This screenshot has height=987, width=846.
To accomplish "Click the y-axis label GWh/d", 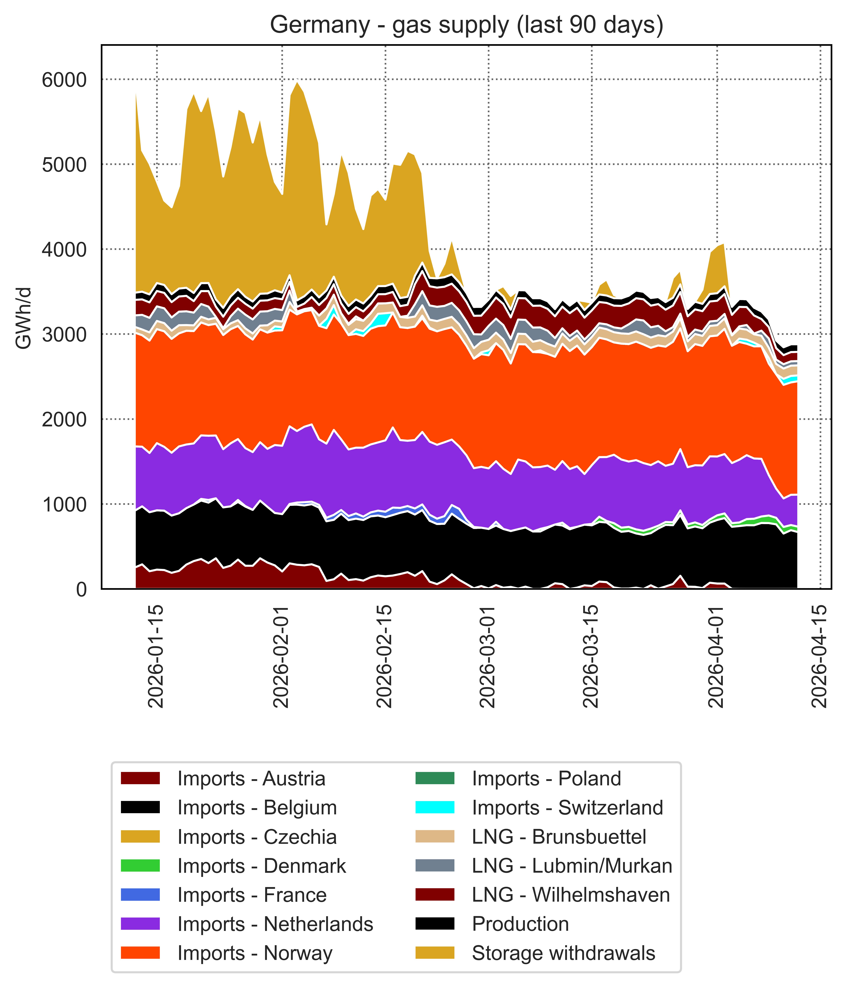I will (24, 318).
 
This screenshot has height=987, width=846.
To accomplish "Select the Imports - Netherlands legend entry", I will (275, 924).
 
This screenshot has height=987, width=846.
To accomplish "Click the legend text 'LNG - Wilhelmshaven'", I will (571, 895).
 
